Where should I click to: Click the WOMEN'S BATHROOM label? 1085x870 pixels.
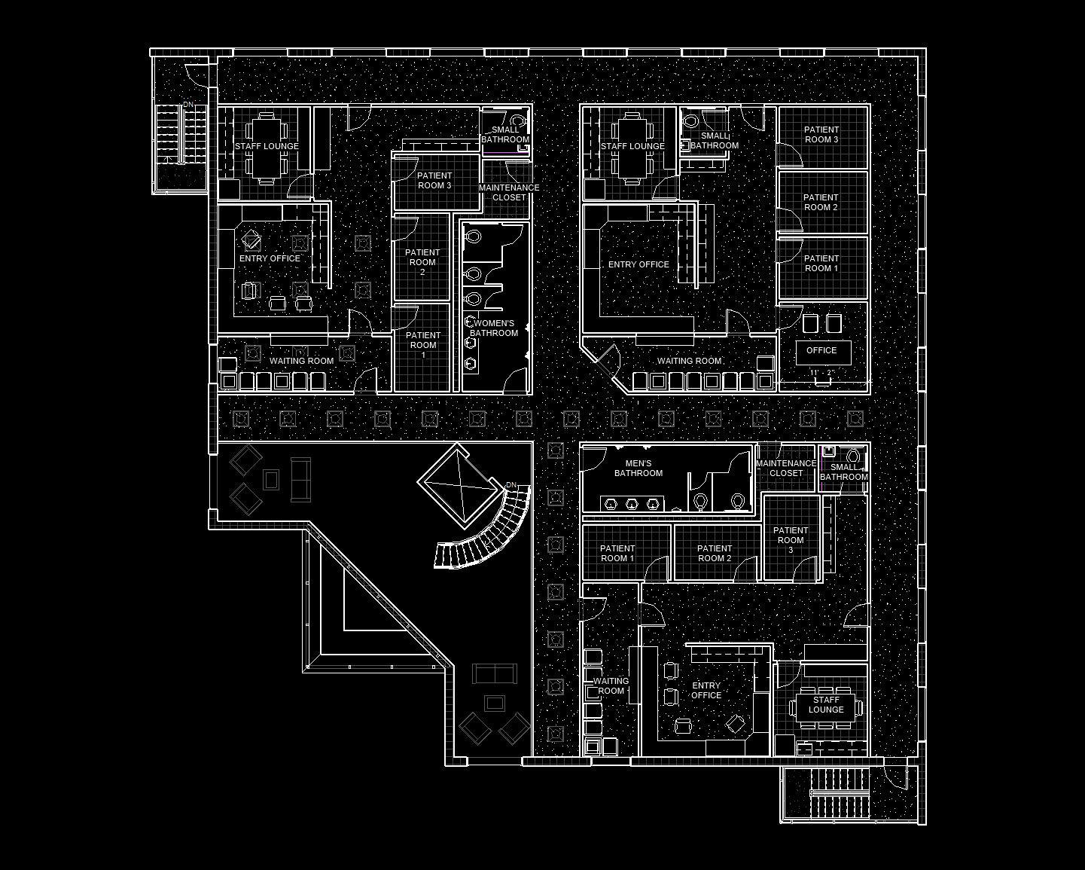pos(494,328)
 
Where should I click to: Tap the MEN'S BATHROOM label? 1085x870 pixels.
pos(639,469)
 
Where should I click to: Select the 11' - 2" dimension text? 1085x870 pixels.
pos(821,373)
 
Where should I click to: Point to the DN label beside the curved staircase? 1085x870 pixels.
pos(511,485)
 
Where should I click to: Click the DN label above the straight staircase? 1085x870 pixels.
pos(187,105)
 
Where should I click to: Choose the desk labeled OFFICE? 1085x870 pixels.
pos(822,351)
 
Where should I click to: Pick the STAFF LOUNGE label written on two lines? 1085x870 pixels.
pos(826,705)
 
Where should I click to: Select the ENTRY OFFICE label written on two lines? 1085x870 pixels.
pos(706,691)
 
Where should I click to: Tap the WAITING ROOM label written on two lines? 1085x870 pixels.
pos(611,686)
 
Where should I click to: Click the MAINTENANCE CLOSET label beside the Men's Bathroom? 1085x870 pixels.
pos(786,469)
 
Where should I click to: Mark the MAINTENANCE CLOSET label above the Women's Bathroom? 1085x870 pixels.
pos(509,192)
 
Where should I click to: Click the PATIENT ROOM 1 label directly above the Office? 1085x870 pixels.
pos(821,264)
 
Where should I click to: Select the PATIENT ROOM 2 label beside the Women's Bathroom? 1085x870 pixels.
pos(422,262)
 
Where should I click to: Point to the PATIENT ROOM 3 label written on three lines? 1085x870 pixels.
pos(791,540)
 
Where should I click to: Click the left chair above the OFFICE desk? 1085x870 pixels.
pos(810,324)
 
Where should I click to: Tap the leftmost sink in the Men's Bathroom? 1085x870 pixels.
pos(610,503)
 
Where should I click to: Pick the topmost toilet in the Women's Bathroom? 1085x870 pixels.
pos(473,237)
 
